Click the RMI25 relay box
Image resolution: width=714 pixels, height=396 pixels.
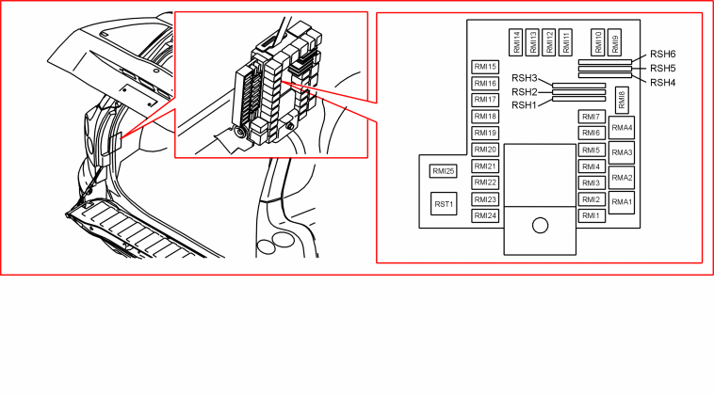443,171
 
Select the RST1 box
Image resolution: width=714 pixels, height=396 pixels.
444,204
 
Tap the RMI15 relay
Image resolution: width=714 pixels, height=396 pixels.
485,67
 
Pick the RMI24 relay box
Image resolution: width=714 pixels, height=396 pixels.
485,216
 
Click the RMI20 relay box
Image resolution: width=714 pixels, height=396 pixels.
485,150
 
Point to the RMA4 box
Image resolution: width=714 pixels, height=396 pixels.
622,128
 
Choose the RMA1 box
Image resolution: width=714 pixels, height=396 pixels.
622,202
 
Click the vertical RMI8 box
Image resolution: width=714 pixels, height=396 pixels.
622,100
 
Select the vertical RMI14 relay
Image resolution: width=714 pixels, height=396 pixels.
516,42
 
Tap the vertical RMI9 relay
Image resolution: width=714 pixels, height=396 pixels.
614,42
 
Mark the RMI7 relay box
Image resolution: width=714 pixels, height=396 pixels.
592,117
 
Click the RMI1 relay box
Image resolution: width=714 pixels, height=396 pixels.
592,216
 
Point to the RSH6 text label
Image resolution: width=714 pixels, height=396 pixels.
662,55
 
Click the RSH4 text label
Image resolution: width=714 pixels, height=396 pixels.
662,82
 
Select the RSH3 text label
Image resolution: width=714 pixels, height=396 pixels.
525,78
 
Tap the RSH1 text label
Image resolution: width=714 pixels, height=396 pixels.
525,105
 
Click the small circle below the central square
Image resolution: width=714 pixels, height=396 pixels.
540,226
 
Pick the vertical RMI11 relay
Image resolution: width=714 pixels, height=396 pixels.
565,42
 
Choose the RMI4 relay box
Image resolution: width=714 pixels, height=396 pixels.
592,166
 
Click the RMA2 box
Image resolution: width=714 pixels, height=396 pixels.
622,178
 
